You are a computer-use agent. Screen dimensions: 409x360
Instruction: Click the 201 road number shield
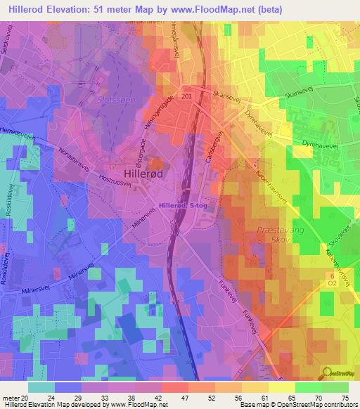(186, 96)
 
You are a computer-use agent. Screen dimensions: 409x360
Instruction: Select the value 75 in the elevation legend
(345, 398)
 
